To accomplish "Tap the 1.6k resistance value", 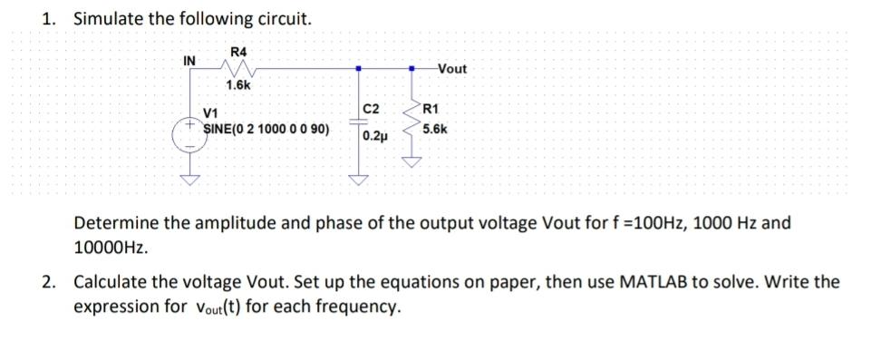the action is [x=239, y=85].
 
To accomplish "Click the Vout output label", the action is [x=451, y=69].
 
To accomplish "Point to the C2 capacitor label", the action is [x=369, y=110].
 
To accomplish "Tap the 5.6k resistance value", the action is [x=434, y=130].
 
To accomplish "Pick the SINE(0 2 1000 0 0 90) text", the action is [x=266, y=129].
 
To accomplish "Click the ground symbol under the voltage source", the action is [x=190, y=178].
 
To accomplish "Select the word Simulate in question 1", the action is [x=105, y=18].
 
